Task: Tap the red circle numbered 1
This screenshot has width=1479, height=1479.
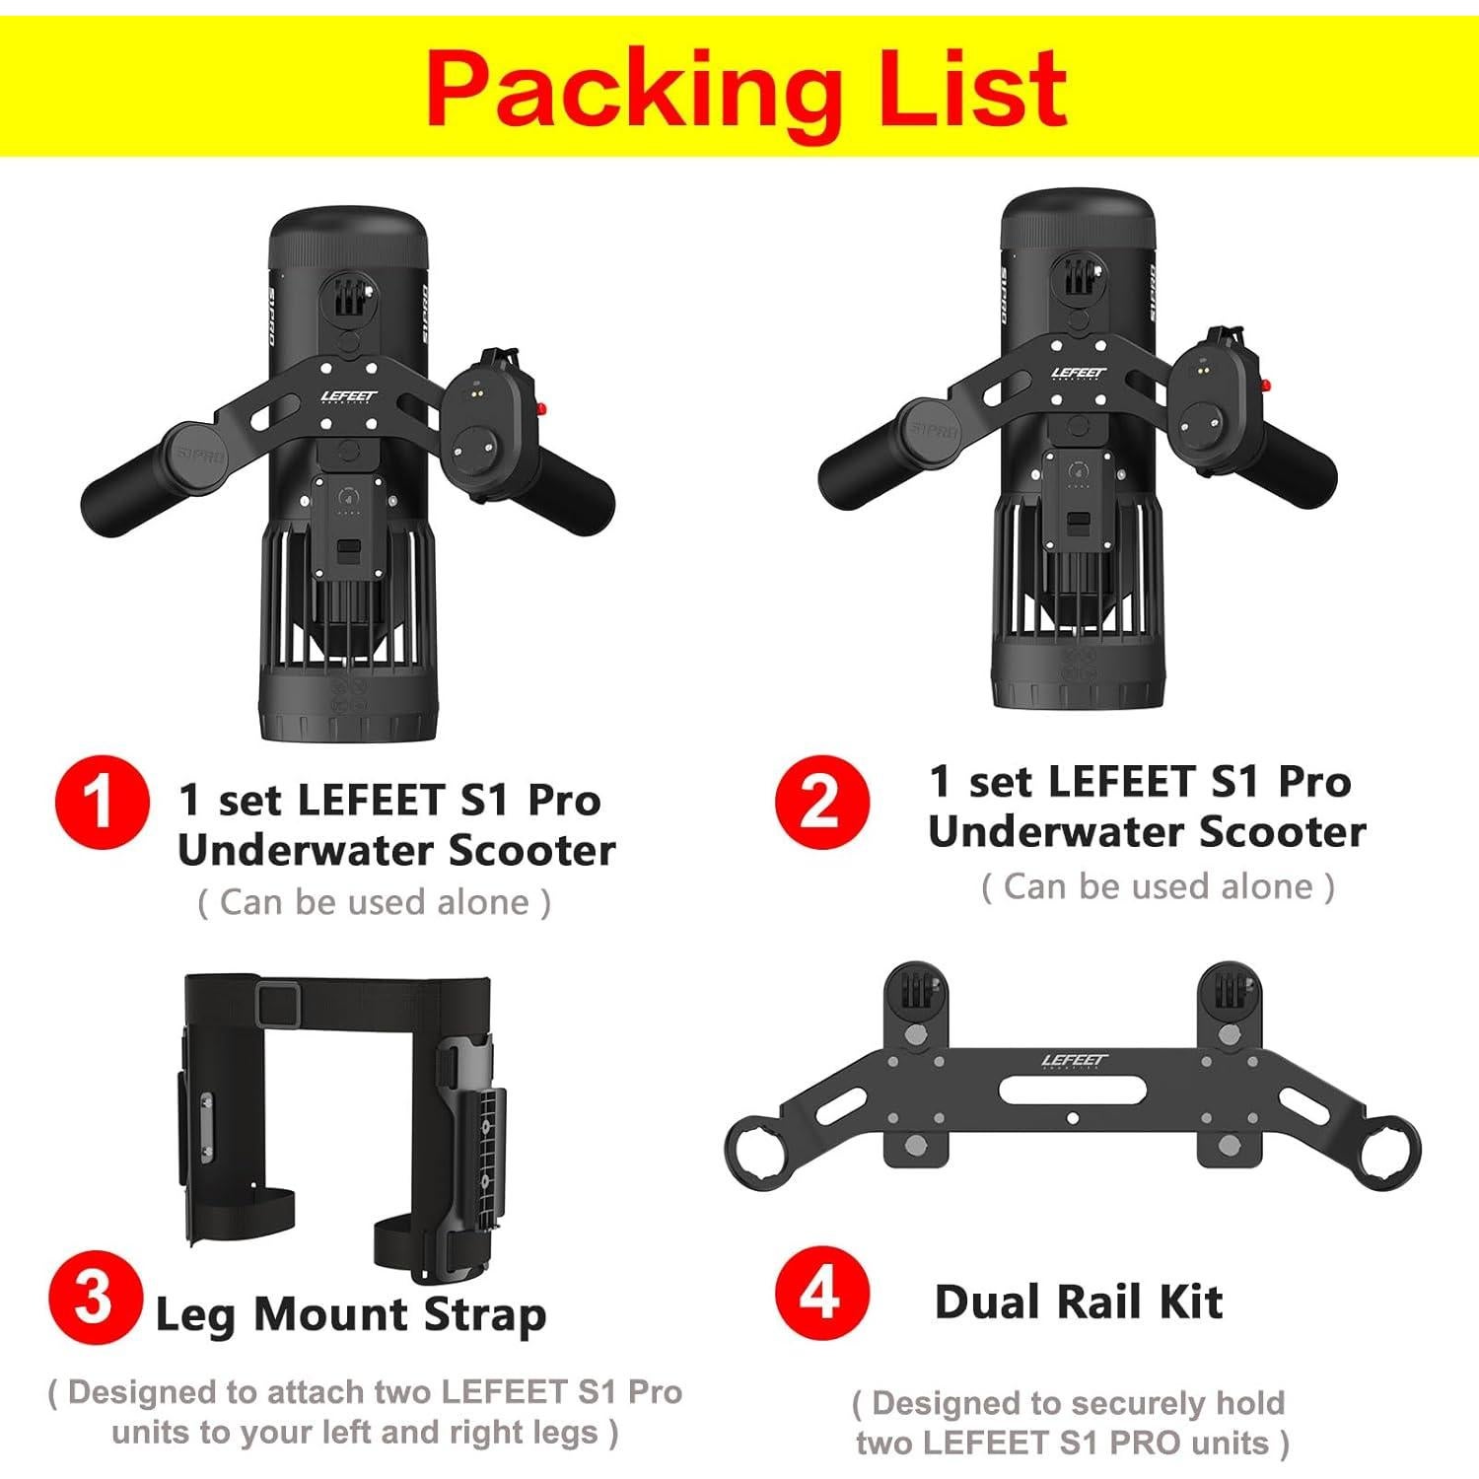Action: click(x=102, y=802)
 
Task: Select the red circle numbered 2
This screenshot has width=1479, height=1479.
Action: click(x=821, y=802)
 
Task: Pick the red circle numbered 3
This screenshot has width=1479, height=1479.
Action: click(x=95, y=1298)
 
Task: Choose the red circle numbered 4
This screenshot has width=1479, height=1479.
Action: click(x=821, y=1293)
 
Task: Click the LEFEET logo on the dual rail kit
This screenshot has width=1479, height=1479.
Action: click(x=1075, y=1062)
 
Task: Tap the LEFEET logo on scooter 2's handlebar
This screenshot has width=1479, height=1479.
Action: click(x=1079, y=374)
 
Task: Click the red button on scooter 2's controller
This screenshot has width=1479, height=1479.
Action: click(x=1265, y=385)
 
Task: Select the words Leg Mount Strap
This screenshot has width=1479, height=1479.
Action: click(x=351, y=1314)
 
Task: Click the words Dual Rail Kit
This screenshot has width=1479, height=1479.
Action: click(x=1079, y=1302)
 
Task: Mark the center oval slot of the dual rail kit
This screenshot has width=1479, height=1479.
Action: click(x=1073, y=1091)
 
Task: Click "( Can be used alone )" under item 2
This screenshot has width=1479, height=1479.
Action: click(x=1158, y=886)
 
